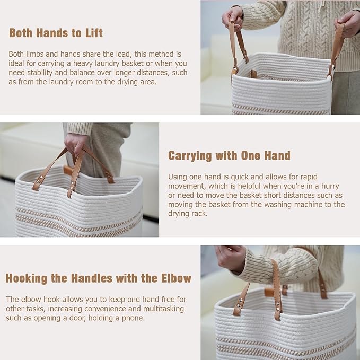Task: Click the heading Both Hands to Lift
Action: tap(56, 33)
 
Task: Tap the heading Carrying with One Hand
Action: tap(229, 156)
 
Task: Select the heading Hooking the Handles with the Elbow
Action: tap(98, 278)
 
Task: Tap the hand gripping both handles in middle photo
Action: tap(75, 144)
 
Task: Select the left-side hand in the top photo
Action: tap(233, 17)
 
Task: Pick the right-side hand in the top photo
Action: tap(348, 23)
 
